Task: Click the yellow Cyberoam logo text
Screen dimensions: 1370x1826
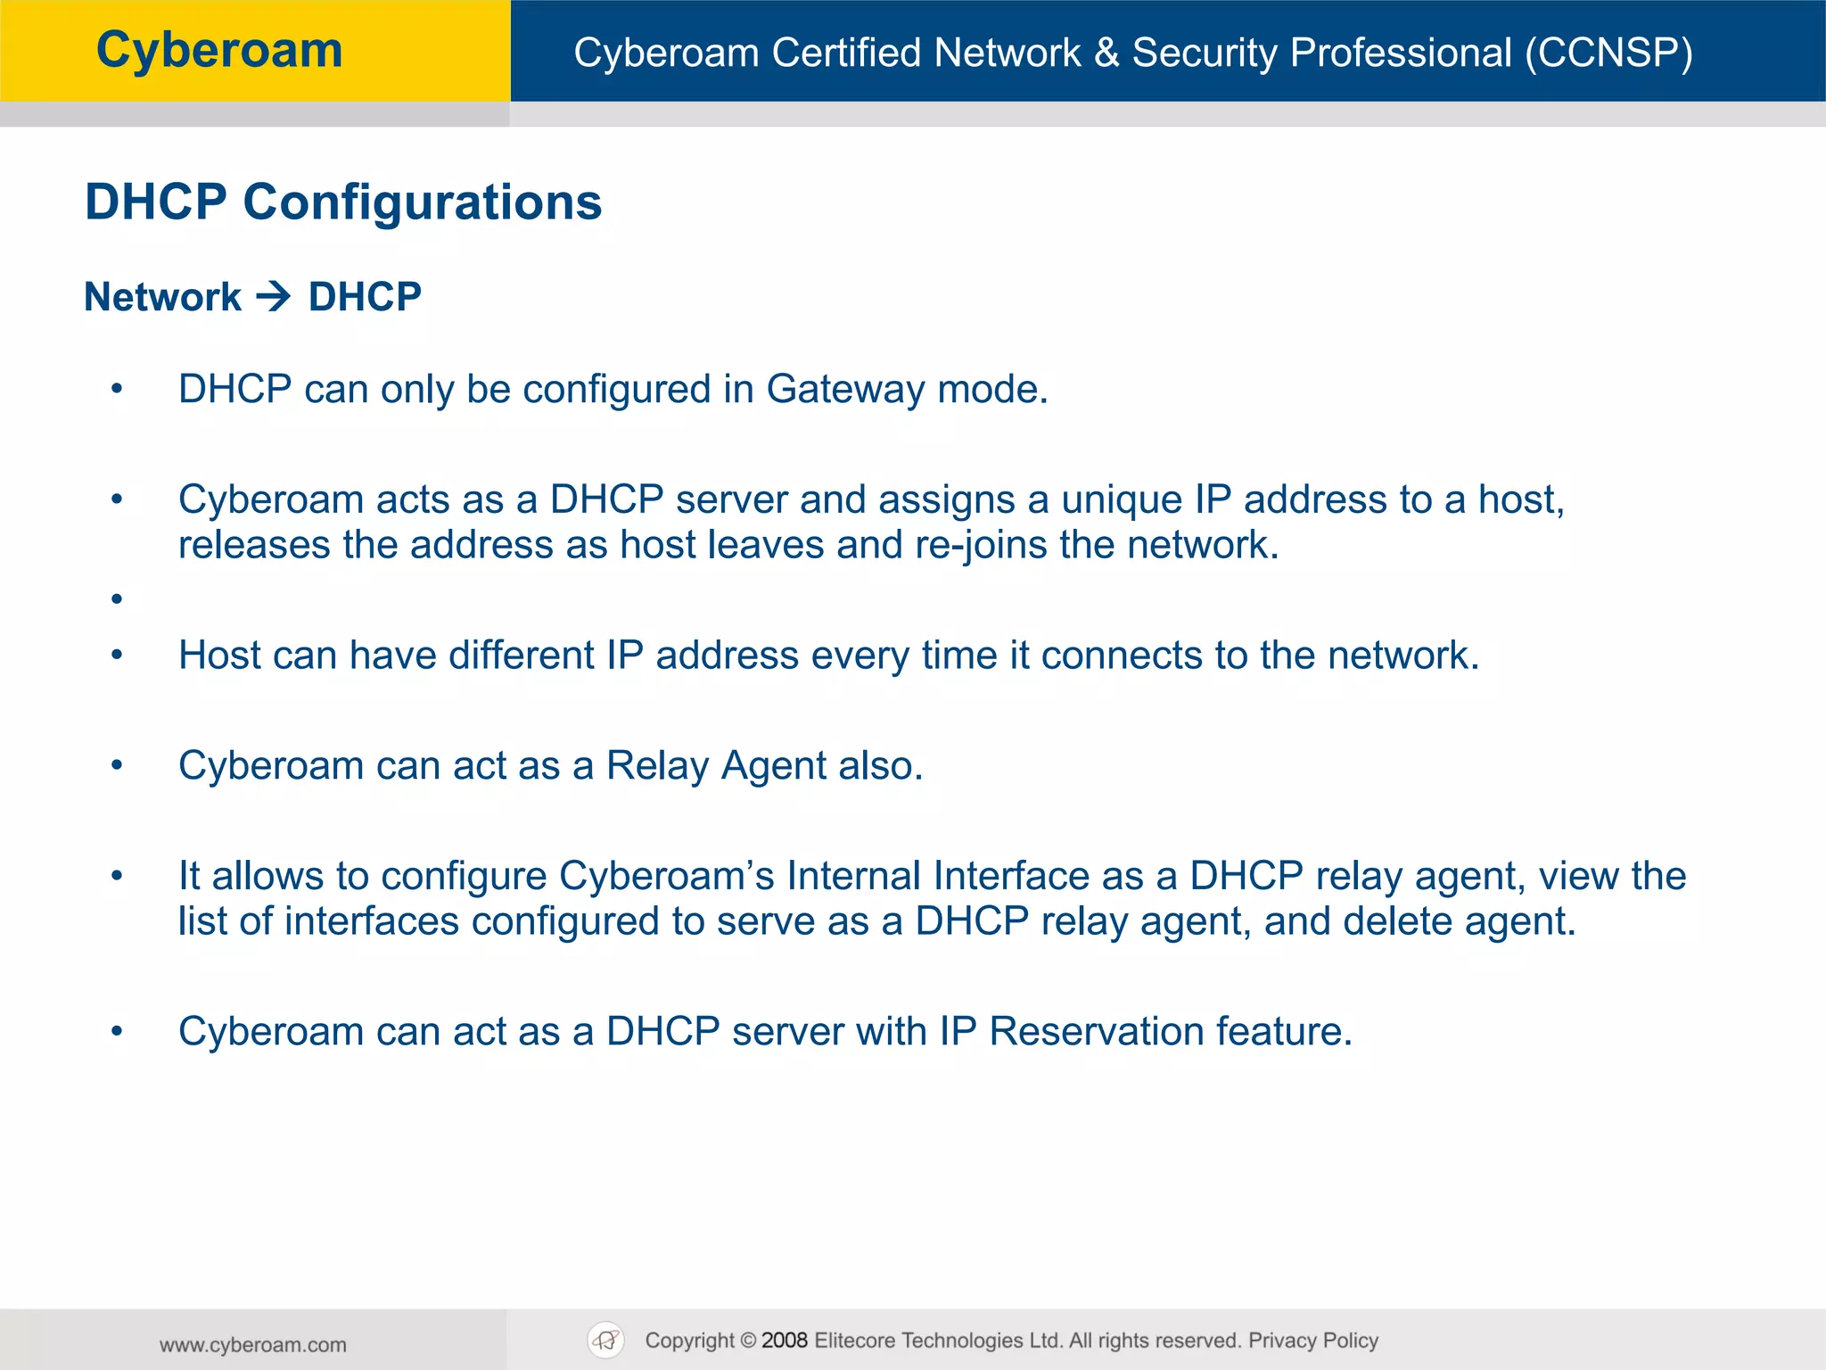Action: tap(219, 50)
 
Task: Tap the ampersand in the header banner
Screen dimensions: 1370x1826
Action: tap(1106, 53)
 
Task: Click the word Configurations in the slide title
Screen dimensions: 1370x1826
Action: tap(423, 202)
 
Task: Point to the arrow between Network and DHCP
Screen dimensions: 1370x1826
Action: tap(274, 296)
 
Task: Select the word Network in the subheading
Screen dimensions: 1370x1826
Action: tap(162, 297)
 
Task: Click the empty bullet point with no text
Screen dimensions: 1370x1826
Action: tap(117, 599)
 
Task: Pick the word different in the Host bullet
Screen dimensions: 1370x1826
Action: tap(521, 656)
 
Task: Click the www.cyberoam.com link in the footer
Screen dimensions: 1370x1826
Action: tap(253, 1345)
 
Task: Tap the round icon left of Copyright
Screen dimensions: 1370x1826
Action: tap(606, 1341)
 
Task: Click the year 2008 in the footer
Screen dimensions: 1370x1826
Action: tap(785, 1341)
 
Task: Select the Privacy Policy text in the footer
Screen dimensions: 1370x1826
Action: tap(1312, 1341)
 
